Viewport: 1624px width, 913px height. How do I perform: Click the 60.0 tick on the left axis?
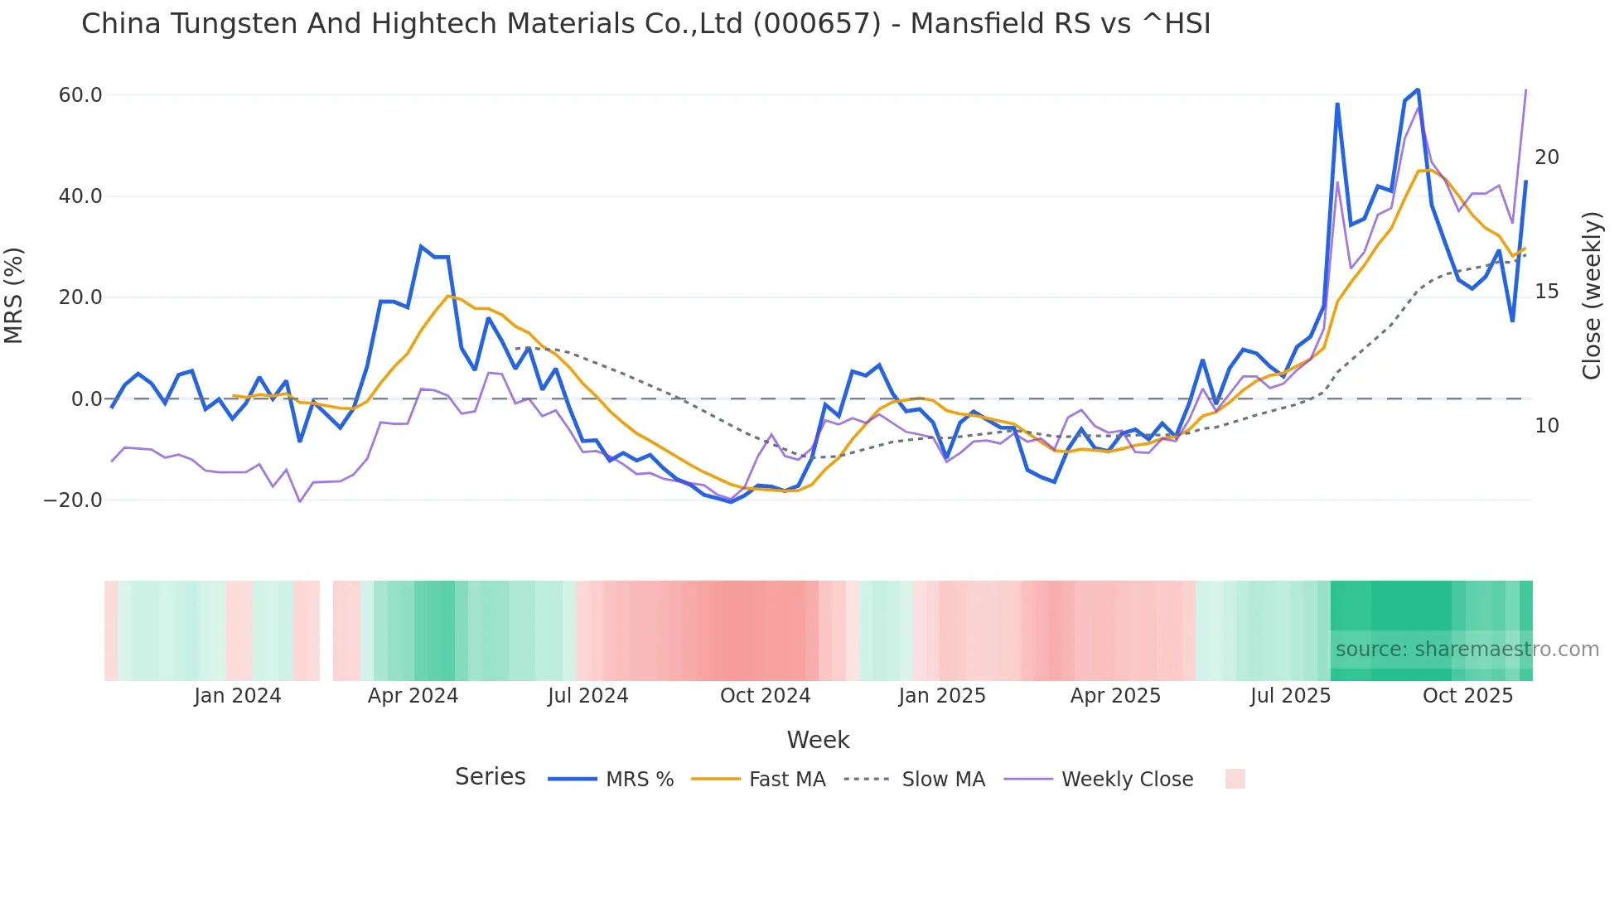tap(80, 95)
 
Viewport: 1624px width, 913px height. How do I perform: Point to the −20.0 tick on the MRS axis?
tap(73, 500)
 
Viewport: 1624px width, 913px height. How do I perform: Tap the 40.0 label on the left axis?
tap(80, 196)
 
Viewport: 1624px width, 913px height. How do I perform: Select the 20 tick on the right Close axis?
tap(1546, 157)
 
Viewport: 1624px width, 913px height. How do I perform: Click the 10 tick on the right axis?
tap(1546, 426)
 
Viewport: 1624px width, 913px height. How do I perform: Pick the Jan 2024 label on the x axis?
tap(238, 696)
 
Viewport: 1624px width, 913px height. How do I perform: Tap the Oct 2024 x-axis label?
tap(765, 696)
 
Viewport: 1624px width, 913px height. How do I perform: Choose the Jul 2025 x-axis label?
tap(1290, 696)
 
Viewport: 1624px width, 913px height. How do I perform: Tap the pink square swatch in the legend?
tap(1235, 779)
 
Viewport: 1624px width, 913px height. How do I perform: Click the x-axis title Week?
tap(818, 740)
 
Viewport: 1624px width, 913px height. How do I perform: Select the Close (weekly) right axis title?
tap(1592, 296)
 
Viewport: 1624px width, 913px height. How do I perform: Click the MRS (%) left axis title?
tap(14, 296)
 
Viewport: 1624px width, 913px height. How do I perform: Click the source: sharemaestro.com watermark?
tap(1467, 650)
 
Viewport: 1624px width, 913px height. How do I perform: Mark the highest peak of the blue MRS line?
tap(1418, 89)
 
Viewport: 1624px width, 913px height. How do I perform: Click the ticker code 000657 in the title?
tap(816, 24)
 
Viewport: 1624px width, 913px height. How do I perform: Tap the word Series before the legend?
tap(490, 777)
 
